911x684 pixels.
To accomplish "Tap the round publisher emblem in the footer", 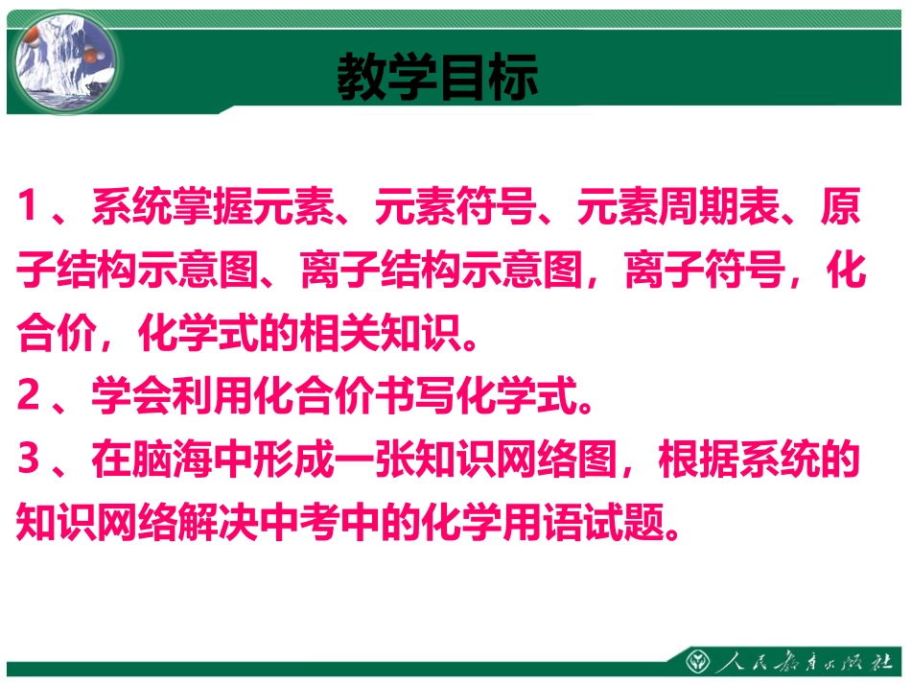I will point(698,661).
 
